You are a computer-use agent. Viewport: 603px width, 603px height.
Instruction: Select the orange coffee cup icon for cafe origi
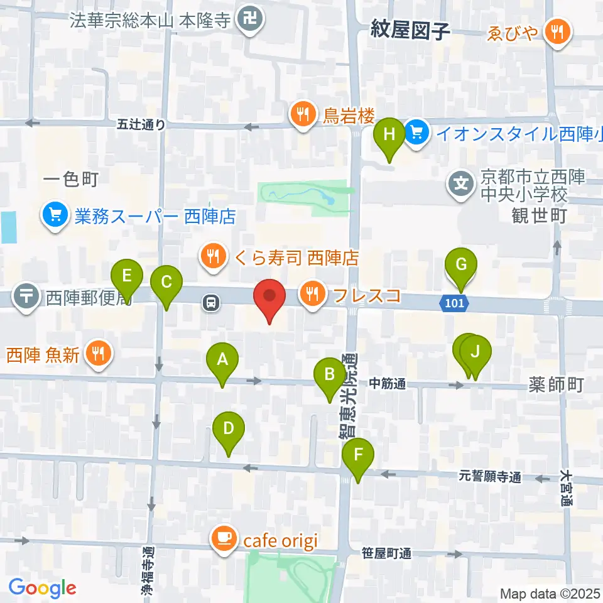224,538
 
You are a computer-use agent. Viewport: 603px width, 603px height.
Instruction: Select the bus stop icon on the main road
210,303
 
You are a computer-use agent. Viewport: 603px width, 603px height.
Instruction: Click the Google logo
42,588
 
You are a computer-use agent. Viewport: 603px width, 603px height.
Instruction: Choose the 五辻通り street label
141,125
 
